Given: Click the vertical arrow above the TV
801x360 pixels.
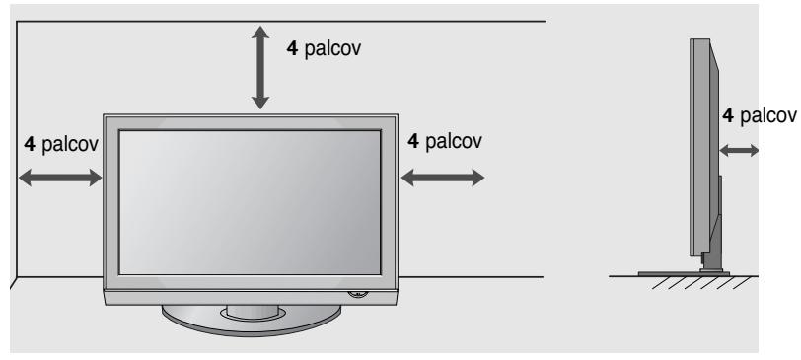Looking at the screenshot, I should [260, 67].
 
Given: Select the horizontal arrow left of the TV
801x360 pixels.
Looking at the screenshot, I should [60, 178].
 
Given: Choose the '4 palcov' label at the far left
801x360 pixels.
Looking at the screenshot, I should [60, 144].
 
